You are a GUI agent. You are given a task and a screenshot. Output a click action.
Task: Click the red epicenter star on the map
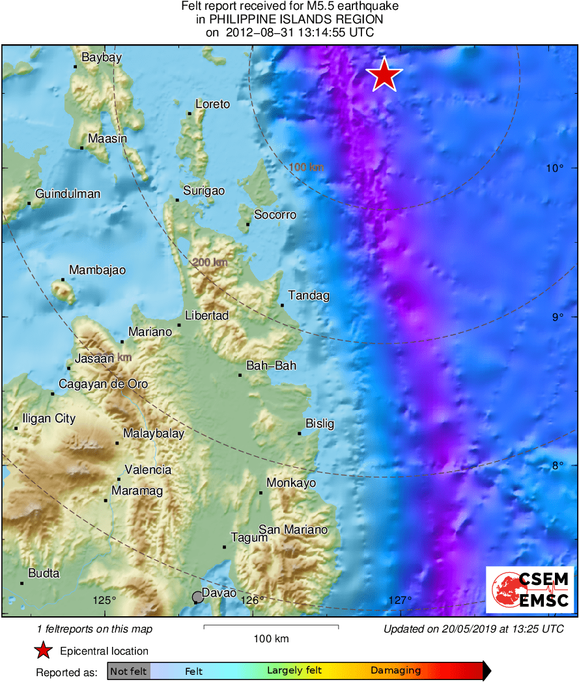coord(385,75)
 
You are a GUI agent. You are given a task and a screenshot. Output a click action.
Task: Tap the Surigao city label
coord(204,191)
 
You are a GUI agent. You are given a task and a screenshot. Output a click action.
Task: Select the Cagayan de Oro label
coord(103,384)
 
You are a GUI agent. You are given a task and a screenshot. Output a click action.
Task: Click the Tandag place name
coord(309,295)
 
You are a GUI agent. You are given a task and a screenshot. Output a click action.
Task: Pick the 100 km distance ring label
coord(306,168)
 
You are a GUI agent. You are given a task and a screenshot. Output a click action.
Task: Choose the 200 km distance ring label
coord(210,262)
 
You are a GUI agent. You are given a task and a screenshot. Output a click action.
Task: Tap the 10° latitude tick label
coord(555,168)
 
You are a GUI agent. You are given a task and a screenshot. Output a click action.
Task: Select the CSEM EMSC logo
coord(530,590)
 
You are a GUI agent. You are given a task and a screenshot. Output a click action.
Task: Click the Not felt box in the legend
coord(128,670)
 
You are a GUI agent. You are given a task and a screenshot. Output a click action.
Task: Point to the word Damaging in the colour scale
coord(395,670)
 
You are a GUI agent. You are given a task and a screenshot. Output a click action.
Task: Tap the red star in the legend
coord(43,650)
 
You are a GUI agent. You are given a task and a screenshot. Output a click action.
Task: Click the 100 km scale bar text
coord(271,638)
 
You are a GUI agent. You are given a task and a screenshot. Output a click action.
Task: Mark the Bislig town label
coord(320,424)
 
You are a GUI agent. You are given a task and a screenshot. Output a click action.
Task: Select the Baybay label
coord(101,57)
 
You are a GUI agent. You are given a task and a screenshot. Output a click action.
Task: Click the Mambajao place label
coord(97,270)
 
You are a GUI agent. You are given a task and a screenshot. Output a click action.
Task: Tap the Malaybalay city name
coord(154,433)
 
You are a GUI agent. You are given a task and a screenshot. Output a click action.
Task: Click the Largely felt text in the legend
coord(294,670)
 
